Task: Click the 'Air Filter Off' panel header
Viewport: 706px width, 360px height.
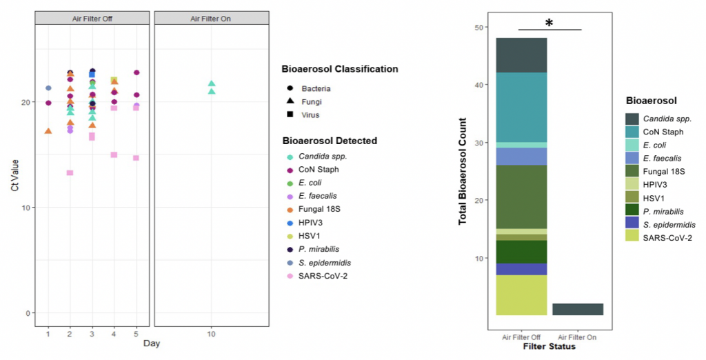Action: coord(92,18)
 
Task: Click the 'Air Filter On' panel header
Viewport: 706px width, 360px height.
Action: coord(210,18)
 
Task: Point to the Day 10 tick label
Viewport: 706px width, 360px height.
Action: coord(212,334)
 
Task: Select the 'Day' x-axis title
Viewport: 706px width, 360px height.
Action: coord(152,343)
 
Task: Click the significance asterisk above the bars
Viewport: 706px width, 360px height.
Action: coord(549,23)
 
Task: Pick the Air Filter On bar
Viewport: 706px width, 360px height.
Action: coord(578,309)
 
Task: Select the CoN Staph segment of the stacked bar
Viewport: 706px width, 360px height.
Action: coord(521,107)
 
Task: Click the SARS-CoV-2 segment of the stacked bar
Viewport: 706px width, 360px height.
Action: coord(521,295)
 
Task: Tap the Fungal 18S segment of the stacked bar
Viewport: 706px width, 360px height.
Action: coord(521,197)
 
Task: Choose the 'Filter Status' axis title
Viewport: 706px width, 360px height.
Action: coord(549,347)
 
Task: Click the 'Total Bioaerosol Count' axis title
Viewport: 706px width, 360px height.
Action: coord(464,171)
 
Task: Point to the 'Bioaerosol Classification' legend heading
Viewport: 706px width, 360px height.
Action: coord(339,69)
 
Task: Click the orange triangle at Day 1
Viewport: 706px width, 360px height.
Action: coord(48,131)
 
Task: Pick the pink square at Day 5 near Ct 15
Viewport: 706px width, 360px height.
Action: coord(137,158)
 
